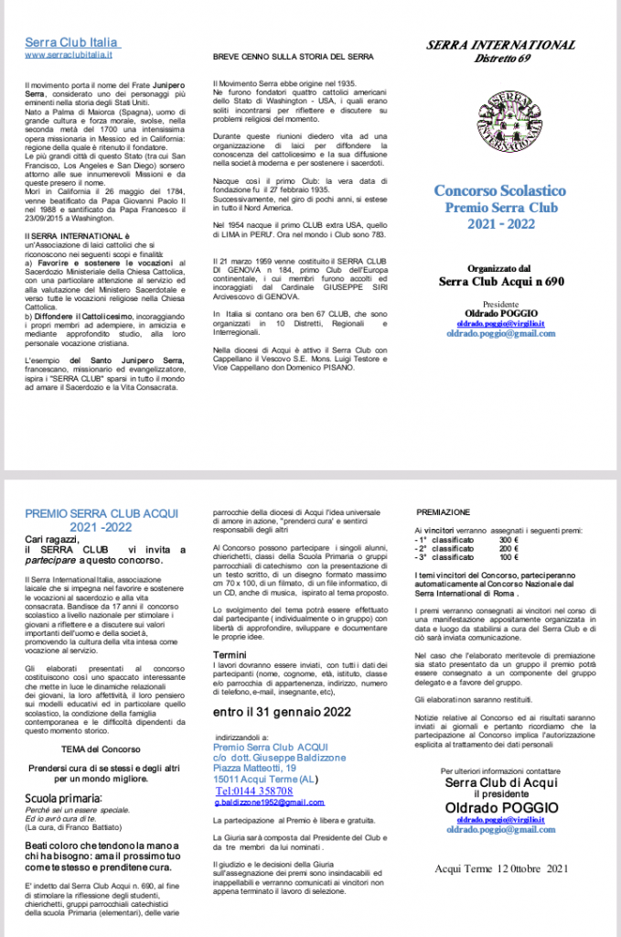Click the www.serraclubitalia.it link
(69, 55)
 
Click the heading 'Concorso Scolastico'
(499, 191)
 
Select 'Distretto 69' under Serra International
(500, 60)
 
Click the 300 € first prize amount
(509, 540)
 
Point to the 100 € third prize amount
(509, 556)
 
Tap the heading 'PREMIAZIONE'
(443, 512)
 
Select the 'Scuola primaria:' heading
(62, 799)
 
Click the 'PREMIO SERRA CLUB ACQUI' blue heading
(101, 513)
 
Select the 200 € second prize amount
(509, 548)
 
